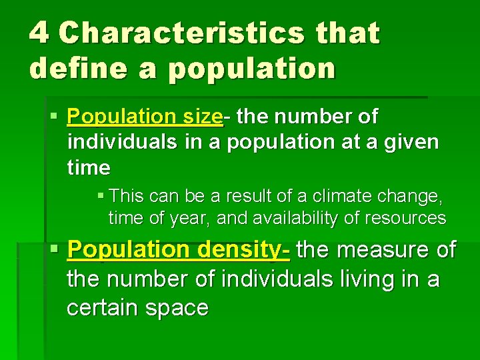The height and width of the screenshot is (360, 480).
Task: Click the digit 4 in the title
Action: [x=39, y=33]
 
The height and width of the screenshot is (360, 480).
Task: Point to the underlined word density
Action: [x=242, y=251]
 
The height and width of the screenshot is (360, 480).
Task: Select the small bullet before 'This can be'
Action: [x=100, y=196]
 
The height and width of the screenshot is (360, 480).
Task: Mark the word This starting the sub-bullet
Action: [x=126, y=196]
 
